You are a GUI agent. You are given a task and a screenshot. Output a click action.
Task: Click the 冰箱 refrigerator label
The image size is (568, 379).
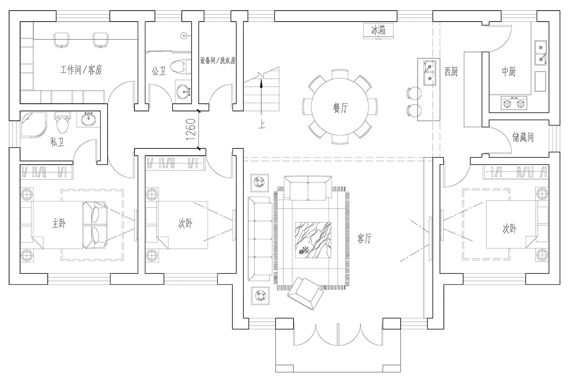coord(378,30)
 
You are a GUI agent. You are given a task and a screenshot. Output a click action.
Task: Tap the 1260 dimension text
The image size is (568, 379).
coord(192,130)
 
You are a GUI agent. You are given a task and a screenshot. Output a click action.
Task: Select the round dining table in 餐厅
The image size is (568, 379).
coord(340,107)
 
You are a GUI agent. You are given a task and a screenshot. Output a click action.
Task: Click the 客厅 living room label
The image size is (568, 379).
coord(364,238)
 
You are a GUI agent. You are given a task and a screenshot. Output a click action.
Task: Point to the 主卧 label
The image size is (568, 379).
coord(59,223)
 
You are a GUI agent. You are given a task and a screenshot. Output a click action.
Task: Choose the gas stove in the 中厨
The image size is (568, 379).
coord(514,102)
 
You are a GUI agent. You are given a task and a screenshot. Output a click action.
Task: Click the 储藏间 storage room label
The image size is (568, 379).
coord(523,137)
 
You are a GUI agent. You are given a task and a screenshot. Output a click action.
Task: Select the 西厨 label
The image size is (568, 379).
coord(451,71)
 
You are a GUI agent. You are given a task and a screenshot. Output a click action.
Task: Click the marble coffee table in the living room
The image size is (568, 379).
coord(313,240)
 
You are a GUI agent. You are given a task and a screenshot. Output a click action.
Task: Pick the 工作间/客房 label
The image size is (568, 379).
coord(81,70)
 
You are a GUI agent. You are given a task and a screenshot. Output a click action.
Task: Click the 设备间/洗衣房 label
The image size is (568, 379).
coord(218,61)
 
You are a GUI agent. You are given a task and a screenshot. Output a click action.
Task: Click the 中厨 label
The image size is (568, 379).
coord(508,71)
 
